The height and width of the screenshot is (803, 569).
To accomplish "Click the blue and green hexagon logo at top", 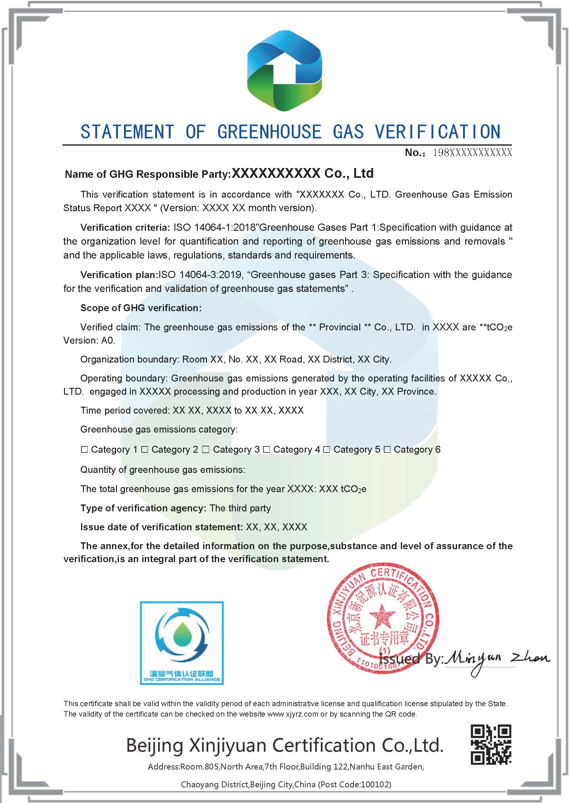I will pos(284,70).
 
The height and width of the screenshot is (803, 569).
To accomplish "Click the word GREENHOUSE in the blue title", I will pos(269,132).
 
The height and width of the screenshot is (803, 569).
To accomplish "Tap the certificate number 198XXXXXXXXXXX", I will pos(472,153).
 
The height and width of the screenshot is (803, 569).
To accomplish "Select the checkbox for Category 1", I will pos(84,449).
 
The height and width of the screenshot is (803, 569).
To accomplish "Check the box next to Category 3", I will pos(206,449).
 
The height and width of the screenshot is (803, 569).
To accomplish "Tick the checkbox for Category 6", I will pos(387,449).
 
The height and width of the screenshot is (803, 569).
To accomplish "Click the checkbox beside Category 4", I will pos(266,449).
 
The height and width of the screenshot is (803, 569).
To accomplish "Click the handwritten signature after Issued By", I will pos(497,660).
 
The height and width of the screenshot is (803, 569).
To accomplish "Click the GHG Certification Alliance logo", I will pos(181,643).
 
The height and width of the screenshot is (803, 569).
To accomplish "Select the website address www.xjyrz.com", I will pos(293,714).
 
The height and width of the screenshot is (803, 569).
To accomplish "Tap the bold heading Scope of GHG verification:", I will pos(141,308).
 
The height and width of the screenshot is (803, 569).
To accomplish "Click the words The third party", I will pos(240,508).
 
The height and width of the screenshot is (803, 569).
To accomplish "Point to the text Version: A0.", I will pos(89,340).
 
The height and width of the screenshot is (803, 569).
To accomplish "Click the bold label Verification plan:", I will pos(119,275).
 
